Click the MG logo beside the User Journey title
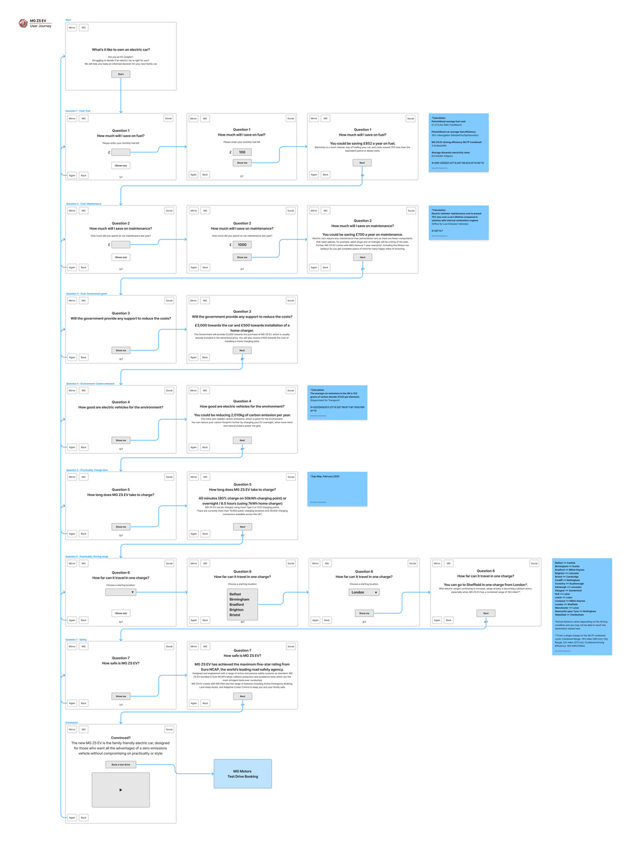point(23,23)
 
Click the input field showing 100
point(242,152)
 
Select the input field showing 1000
point(242,244)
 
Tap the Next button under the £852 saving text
point(362,163)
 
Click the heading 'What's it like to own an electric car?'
point(121,49)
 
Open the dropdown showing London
point(364,592)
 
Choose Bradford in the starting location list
point(236,605)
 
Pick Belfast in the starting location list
point(235,594)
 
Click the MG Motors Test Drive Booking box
point(243,774)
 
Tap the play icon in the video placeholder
point(121,790)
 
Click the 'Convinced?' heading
point(121,738)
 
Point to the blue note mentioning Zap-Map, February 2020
point(337,489)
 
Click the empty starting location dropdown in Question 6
point(120,592)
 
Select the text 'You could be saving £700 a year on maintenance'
point(362,234)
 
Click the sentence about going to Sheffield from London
point(485,585)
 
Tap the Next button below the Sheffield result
point(486,613)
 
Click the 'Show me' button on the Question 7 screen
point(121,696)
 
